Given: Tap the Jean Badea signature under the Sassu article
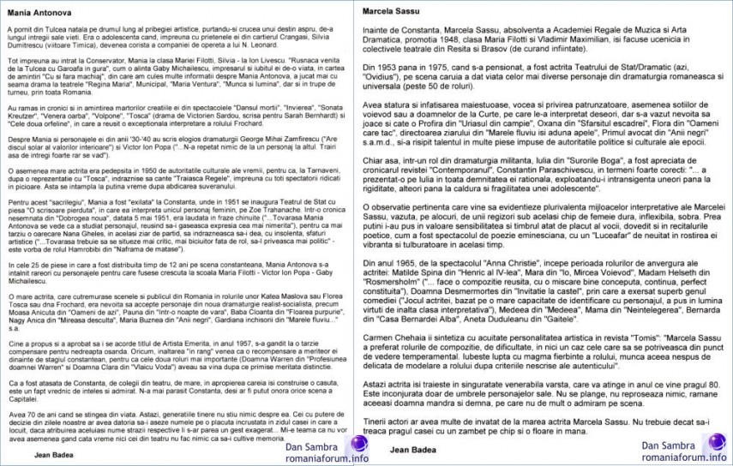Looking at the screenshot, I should point(412,448).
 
